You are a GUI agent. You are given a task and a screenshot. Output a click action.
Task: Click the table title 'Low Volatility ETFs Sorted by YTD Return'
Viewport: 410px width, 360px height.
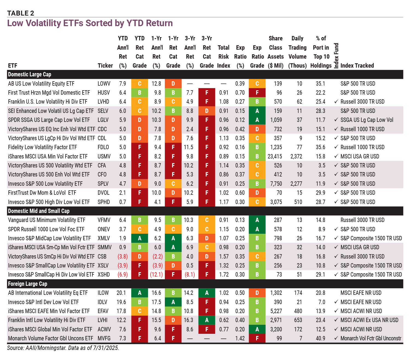point(90,23)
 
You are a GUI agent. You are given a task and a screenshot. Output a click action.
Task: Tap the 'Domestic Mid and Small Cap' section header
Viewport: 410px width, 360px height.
point(39,211)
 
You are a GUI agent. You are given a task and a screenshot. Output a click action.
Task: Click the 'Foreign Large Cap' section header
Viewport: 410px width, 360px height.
point(28,284)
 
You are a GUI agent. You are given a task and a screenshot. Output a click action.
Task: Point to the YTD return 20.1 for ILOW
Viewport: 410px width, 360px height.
point(121,293)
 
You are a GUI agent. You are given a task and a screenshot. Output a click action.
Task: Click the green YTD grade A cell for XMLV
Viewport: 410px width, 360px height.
point(139,238)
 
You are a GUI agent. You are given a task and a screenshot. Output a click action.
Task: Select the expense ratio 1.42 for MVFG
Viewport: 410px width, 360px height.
point(240,338)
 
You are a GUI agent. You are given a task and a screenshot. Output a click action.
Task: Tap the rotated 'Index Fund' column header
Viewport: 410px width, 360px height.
point(336,56)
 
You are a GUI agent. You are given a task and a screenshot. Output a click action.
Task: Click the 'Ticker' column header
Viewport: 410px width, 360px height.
point(105,65)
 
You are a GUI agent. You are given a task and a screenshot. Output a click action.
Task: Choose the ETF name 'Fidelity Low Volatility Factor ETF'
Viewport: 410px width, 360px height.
point(43,147)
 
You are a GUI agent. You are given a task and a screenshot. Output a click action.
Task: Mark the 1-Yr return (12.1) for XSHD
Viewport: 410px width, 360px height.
point(156,275)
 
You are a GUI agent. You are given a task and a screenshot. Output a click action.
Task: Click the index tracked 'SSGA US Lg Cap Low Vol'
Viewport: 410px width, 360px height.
point(367,120)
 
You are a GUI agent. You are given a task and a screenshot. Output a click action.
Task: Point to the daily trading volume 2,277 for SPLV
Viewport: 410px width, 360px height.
point(296,184)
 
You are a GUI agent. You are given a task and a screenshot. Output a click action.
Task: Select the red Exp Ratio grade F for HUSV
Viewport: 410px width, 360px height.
point(257,93)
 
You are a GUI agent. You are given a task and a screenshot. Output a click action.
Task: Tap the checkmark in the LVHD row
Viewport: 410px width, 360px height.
point(336,102)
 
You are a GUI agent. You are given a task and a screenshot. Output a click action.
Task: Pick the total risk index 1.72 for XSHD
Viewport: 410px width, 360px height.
point(224,275)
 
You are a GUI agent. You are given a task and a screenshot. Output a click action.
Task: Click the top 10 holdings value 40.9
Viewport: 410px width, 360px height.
point(320,338)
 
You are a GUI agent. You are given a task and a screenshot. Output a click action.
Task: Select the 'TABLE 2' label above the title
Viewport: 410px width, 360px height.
point(21,13)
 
